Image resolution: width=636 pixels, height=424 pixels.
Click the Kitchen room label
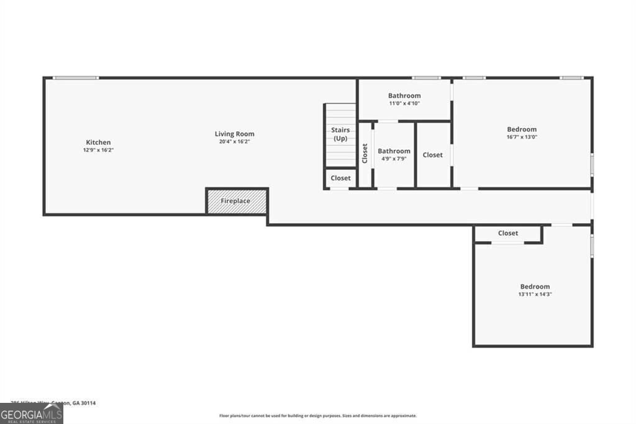(x=98, y=142)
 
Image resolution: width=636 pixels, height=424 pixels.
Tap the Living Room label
(x=234, y=134)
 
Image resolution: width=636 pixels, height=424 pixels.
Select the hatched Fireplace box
(x=237, y=201)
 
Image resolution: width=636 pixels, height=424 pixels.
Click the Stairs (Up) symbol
(x=340, y=135)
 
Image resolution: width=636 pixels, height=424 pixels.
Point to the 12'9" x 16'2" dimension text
(x=98, y=150)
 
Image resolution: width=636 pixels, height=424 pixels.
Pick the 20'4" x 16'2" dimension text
(x=234, y=141)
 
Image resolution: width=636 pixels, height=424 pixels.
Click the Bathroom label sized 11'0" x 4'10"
(x=404, y=96)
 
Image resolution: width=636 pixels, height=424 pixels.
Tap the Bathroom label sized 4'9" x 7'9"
(x=394, y=151)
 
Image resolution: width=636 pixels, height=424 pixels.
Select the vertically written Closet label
(x=365, y=154)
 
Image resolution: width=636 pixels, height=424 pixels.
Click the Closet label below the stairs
(x=340, y=178)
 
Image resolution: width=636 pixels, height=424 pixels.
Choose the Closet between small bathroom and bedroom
(x=433, y=155)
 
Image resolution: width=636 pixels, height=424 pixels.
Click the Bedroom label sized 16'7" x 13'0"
(x=522, y=129)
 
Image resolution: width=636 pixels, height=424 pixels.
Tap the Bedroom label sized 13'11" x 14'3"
(x=535, y=287)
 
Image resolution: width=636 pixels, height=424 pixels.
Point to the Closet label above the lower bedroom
(x=508, y=233)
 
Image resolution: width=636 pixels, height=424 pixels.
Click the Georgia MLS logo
(x=31, y=413)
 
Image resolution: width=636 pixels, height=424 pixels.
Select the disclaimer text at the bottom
(x=317, y=416)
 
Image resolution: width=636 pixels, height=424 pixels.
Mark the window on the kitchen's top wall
(x=76, y=78)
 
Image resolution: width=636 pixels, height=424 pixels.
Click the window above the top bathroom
(x=426, y=78)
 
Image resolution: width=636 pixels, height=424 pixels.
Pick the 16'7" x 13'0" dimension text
(x=522, y=137)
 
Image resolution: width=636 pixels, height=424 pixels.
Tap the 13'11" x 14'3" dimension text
(x=535, y=294)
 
